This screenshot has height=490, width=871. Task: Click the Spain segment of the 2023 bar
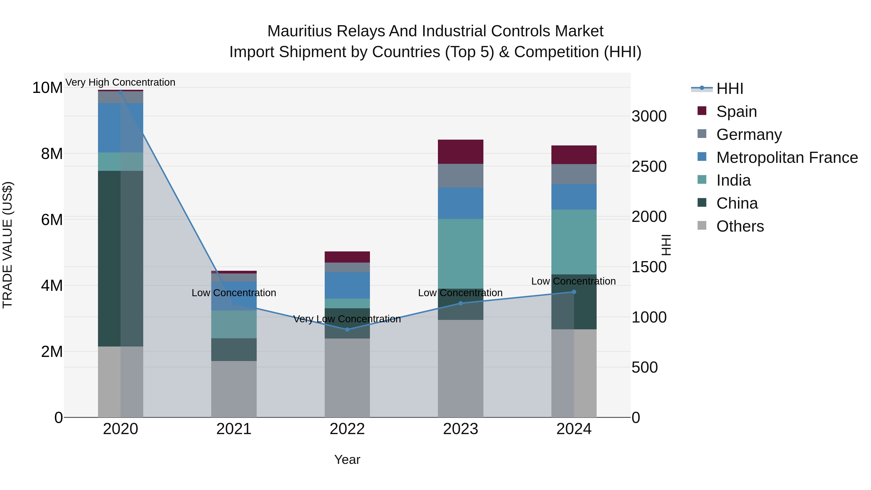(460, 151)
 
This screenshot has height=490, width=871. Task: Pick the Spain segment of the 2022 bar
(347, 257)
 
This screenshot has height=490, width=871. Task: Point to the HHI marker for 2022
(347, 329)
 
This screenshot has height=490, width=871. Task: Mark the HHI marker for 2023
(460, 303)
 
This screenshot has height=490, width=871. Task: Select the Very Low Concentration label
(347, 319)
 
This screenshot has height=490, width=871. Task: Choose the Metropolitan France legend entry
(787, 158)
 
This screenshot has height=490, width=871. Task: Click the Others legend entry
(740, 226)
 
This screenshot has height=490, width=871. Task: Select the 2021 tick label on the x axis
(234, 429)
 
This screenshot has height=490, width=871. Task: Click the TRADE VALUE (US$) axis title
(8, 245)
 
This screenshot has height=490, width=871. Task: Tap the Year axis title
(347, 460)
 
